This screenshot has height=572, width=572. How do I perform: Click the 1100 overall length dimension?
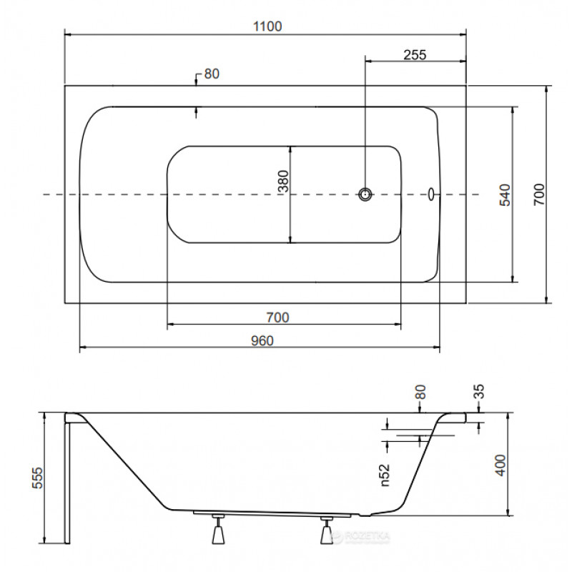click(267, 26)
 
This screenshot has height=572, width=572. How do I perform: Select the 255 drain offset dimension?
click(415, 55)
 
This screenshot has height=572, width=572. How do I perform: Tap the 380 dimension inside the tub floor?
click(283, 181)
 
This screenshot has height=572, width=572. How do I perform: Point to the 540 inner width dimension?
click(505, 194)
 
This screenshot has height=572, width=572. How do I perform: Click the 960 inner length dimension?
click(262, 341)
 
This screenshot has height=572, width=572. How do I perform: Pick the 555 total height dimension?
click(37, 478)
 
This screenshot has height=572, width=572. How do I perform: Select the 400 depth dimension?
click(501, 465)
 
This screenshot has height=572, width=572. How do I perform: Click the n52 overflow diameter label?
click(385, 475)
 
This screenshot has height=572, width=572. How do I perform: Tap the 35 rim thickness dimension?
click(478, 391)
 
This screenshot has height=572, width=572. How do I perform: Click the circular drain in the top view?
click(365, 194)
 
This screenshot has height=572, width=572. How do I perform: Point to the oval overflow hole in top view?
click(431, 194)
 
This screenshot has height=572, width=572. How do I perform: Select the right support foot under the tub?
click(327, 531)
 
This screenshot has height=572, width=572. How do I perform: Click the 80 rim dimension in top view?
click(212, 74)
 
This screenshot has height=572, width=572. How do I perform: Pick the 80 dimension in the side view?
click(420, 392)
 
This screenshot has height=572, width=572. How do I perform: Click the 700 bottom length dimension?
click(277, 317)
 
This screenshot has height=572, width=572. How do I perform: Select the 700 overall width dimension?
click(539, 194)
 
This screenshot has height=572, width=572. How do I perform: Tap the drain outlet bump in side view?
click(365, 515)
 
